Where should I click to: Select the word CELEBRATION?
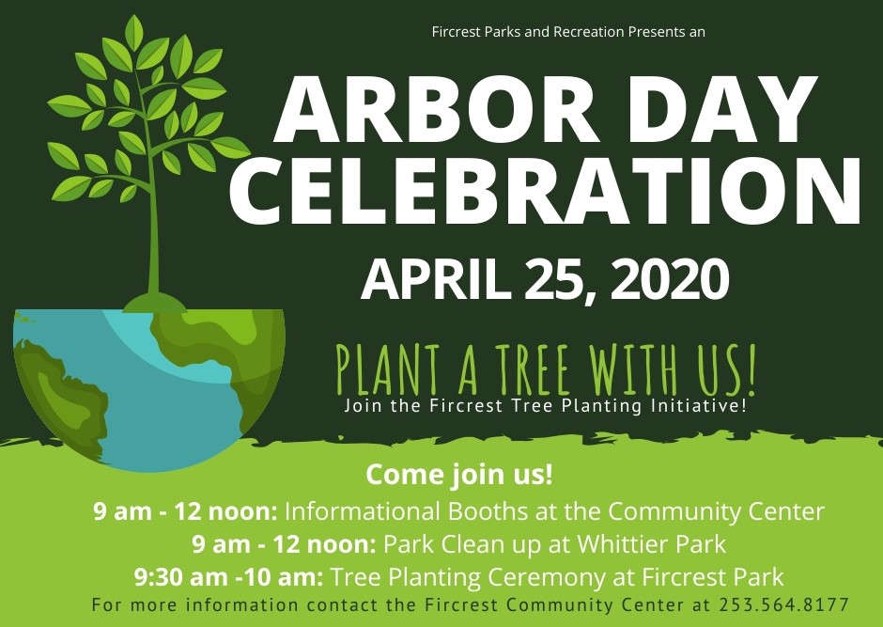pyautogui.click(x=546, y=189)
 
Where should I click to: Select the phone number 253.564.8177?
pyautogui.click(x=783, y=605)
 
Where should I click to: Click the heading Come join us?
pyautogui.click(x=459, y=475)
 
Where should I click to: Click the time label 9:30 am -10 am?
pyautogui.click(x=228, y=577)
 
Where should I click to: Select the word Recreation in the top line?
pyautogui.click(x=588, y=32)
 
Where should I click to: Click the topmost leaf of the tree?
pyautogui.click(x=133, y=32)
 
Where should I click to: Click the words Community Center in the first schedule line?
pyautogui.click(x=716, y=511)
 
